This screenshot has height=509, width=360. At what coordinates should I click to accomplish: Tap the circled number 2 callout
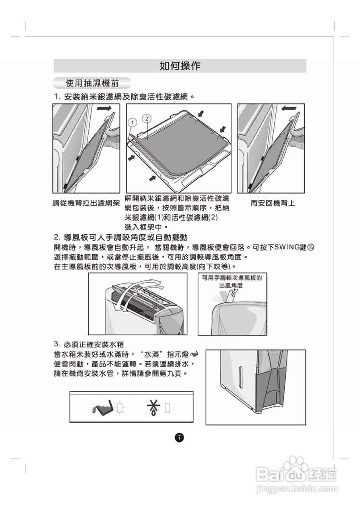point(147,118)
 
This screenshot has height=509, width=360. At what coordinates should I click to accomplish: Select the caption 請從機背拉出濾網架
point(86,203)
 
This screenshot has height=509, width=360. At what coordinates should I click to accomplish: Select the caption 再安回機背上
point(272,203)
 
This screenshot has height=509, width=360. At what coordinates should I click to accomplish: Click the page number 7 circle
point(179,438)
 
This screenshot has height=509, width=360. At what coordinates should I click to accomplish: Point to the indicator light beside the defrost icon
point(167,407)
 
